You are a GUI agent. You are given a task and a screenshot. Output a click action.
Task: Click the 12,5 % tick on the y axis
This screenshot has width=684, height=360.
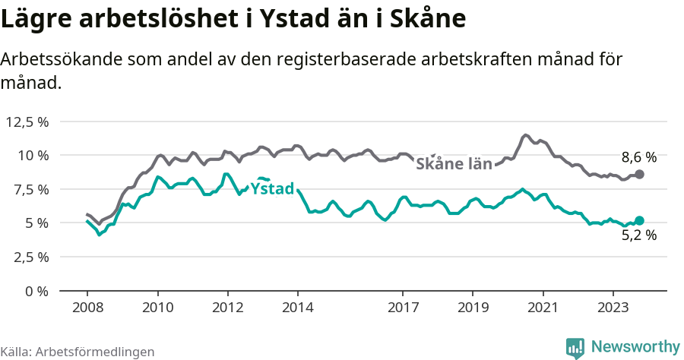(27, 122)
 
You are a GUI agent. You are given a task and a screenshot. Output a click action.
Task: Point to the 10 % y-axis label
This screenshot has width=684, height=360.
(33, 156)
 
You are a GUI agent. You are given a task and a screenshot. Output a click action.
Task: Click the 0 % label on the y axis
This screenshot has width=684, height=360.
(36, 291)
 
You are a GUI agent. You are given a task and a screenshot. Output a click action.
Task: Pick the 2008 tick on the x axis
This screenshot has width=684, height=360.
(87, 308)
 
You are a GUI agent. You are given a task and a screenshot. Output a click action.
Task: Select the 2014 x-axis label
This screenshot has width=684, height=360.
(298, 308)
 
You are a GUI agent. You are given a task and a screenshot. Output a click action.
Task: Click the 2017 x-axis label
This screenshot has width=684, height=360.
(403, 308)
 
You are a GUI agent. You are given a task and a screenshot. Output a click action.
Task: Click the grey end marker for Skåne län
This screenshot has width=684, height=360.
(639, 174)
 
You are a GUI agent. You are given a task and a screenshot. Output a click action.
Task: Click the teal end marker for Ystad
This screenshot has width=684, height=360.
(639, 220)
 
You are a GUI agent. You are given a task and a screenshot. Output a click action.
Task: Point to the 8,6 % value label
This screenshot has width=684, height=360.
(638, 158)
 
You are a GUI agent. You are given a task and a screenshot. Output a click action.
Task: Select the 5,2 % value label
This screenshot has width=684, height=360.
(638, 235)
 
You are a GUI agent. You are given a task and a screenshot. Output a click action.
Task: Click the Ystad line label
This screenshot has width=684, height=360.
(272, 188)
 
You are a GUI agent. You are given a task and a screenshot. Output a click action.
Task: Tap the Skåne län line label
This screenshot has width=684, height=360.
(454, 163)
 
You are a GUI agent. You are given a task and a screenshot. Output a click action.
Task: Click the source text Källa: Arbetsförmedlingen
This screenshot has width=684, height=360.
(78, 352)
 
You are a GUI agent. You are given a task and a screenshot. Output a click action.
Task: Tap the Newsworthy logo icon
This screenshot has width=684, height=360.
(575, 347)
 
